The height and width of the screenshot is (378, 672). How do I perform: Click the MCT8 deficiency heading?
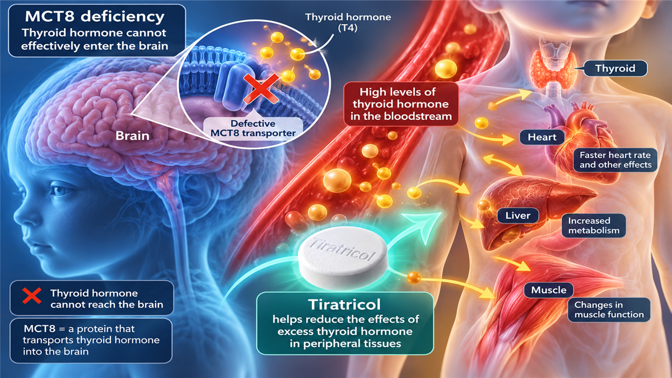[x=95, y=16]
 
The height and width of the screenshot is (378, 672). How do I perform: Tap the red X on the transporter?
[x=261, y=89]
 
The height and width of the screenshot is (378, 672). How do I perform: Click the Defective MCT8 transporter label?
[x=253, y=128]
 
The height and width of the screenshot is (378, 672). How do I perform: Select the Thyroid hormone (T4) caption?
[x=348, y=22]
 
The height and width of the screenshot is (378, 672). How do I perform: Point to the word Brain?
[x=132, y=136]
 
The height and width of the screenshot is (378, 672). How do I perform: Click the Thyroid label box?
[x=615, y=68]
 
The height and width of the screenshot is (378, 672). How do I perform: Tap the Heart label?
[x=542, y=137]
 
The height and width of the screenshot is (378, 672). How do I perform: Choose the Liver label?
[x=518, y=216]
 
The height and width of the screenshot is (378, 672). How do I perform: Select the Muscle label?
[x=549, y=290]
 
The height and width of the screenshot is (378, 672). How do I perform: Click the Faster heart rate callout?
[x=615, y=160]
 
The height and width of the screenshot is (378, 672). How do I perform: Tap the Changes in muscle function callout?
[x=609, y=310]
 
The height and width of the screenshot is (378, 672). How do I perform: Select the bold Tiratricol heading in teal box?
[x=344, y=305]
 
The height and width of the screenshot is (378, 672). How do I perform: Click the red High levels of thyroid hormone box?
[x=401, y=104]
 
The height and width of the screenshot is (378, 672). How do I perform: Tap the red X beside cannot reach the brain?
[x=32, y=296]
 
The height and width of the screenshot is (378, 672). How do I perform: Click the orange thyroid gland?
[x=554, y=69]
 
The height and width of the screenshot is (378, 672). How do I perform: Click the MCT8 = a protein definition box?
[x=91, y=340]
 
